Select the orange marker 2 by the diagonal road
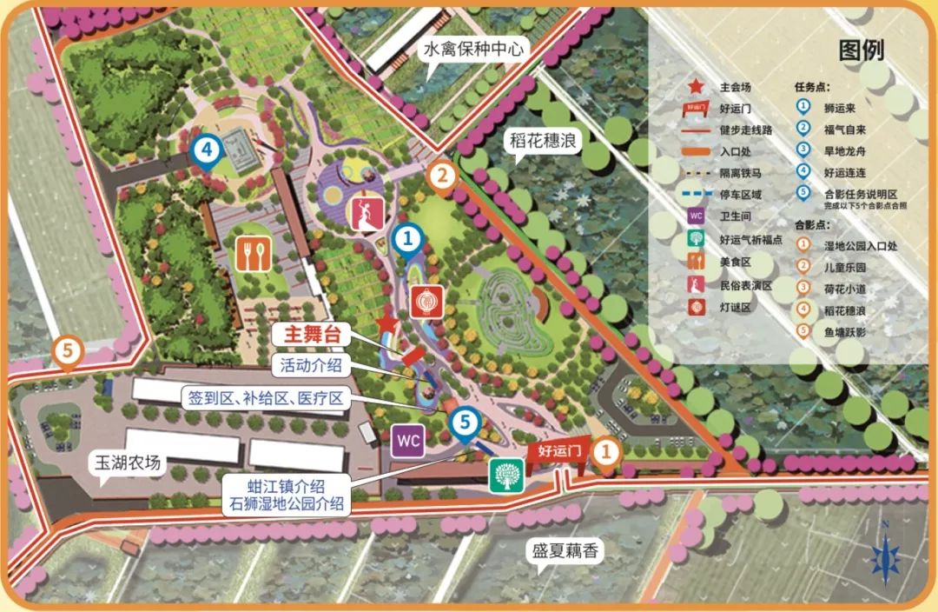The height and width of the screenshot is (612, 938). pyautogui.click(x=443, y=175)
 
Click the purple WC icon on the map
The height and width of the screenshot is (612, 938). pyautogui.click(x=408, y=441)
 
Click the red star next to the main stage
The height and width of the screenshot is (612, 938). pyautogui.click(x=387, y=324)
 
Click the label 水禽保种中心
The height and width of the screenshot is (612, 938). pyautogui.click(x=473, y=50)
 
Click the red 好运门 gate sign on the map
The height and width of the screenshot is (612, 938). pyautogui.click(x=558, y=451)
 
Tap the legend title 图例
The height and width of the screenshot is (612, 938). pyautogui.click(x=861, y=50)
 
